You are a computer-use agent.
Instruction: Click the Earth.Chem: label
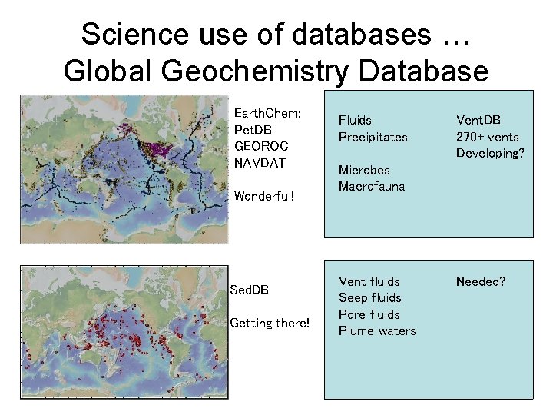(x=267, y=113)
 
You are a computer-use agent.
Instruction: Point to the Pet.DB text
(x=253, y=130)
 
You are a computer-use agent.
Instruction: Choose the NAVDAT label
(x=259, y=163)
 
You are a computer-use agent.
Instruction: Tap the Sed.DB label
(x=250, y=290)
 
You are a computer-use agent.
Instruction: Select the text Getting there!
(x=270, y=323)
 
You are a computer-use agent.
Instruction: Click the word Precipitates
(x=373, y=137)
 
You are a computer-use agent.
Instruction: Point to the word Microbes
(x=364, y=170)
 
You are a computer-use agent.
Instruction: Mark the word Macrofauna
(x=372, y=186)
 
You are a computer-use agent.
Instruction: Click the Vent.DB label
(x=478, y=120)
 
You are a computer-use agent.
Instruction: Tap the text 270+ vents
(x=487, y=137)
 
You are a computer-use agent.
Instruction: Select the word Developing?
(x=489, y=153)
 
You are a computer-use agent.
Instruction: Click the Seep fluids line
(x=369, y=297)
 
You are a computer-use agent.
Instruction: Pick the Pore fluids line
(x=369, y=314)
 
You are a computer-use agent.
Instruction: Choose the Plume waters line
(x=377, y=330)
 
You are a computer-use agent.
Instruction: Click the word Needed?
(x=480, y=281)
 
